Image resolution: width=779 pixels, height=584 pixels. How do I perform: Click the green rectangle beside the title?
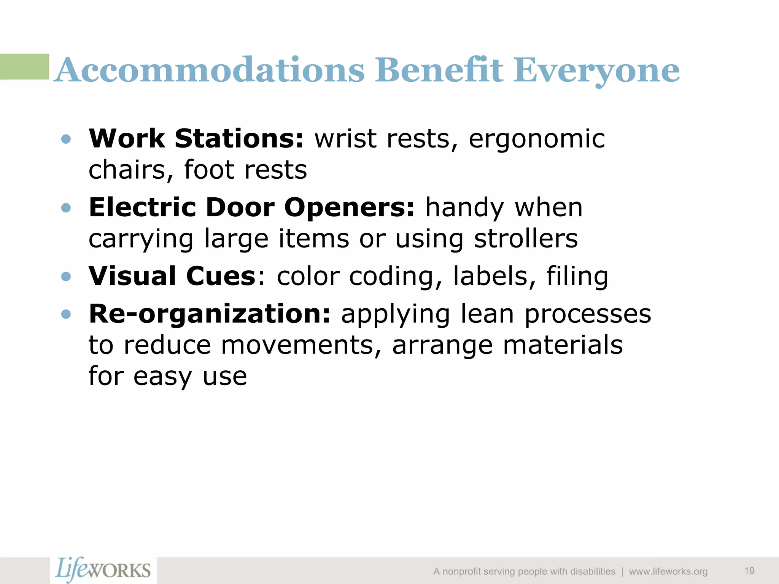24,67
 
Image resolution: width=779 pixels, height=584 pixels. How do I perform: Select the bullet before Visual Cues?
66,276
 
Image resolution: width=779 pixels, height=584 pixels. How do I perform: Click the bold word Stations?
239,138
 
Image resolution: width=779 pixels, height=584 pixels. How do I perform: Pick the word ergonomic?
536,139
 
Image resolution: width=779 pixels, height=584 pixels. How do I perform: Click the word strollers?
526,239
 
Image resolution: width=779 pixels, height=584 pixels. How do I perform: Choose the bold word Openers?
349,208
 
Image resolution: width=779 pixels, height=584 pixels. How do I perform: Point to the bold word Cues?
221,276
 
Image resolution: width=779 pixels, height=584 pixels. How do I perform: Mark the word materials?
563,345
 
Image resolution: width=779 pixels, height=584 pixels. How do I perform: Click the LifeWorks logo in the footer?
103,570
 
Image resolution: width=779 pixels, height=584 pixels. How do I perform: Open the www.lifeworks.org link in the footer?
668,571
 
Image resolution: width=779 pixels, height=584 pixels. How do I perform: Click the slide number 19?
749,571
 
